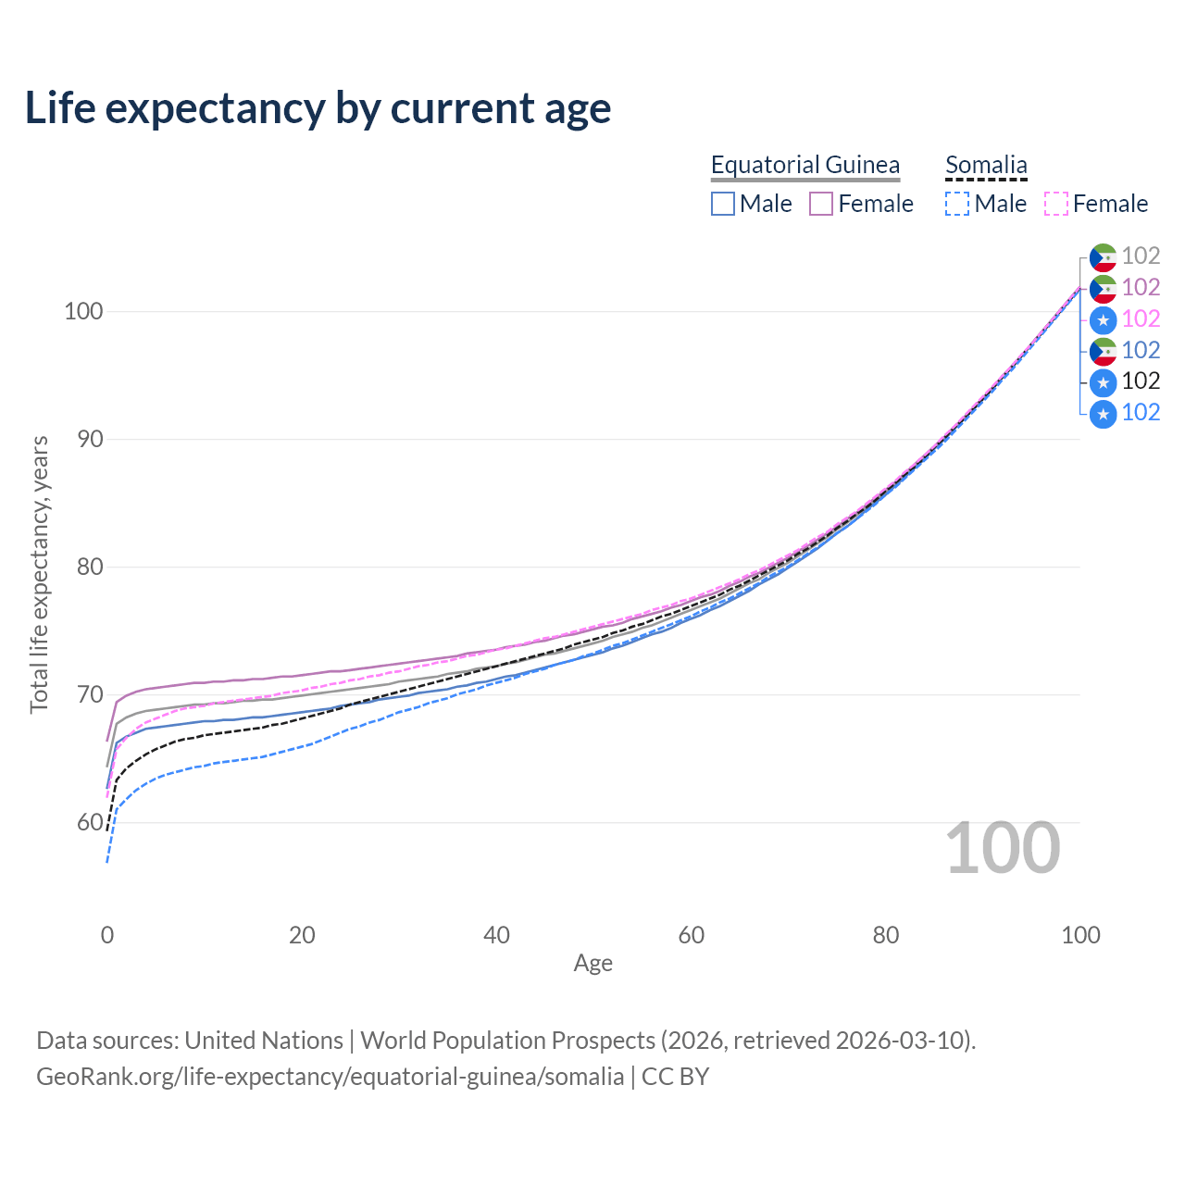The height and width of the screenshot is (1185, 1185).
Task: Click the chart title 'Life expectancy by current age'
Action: pos(318,108)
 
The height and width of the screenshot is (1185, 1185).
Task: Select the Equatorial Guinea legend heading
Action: pos(805,165)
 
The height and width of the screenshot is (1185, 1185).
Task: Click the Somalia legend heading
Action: pos(986,165)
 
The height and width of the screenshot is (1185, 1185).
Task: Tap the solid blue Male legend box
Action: pos(722,204)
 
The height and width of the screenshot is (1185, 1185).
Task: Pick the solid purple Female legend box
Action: pos(821,204)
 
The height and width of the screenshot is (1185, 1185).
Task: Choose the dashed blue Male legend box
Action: pos(957,204)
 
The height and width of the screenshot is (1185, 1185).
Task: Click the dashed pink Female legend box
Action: pos(1056,204)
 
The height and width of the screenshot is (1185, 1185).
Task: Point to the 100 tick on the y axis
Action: pos(83,311)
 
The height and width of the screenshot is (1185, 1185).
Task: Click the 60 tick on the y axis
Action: pos(90,822)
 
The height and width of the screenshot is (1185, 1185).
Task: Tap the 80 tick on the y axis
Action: pos(90,567)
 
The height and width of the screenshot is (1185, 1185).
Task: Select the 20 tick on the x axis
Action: pos(302,935)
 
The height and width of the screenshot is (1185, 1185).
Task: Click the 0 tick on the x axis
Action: pos(107,935)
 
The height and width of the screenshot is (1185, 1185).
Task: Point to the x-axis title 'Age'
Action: pos(592,964)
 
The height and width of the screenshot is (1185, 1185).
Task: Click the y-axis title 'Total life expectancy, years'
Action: pos(39,574)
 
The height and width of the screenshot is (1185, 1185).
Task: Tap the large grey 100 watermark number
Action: pos(1003,848)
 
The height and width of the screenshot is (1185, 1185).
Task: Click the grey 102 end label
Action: pos(1141,256)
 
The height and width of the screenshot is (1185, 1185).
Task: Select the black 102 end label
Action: pos(1141,381)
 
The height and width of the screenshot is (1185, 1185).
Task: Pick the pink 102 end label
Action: pos(1141,318)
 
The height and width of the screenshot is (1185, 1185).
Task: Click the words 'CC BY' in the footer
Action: pos(675,1077)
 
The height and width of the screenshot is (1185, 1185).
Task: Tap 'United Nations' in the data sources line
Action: pos(264,1041)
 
